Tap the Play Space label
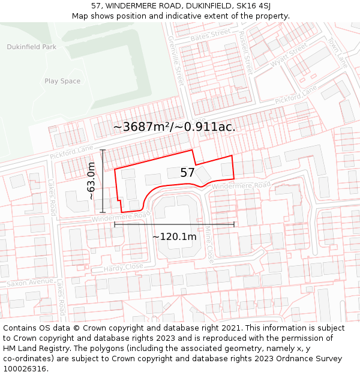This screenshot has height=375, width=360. pos(62,81)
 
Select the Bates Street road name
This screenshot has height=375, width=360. pos(210,35)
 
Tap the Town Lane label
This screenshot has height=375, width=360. pos(337,53)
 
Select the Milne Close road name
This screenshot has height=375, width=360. pos(209,243)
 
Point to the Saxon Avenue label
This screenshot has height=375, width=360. pos(30,282)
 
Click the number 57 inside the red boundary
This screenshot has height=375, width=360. pos(187,173)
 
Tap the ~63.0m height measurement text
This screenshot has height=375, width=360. pos(91,181)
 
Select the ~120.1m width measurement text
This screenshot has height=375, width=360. pos(174,237)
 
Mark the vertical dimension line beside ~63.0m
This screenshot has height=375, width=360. pos(103,181)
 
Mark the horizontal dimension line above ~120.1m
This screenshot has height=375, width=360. pos(174,224)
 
